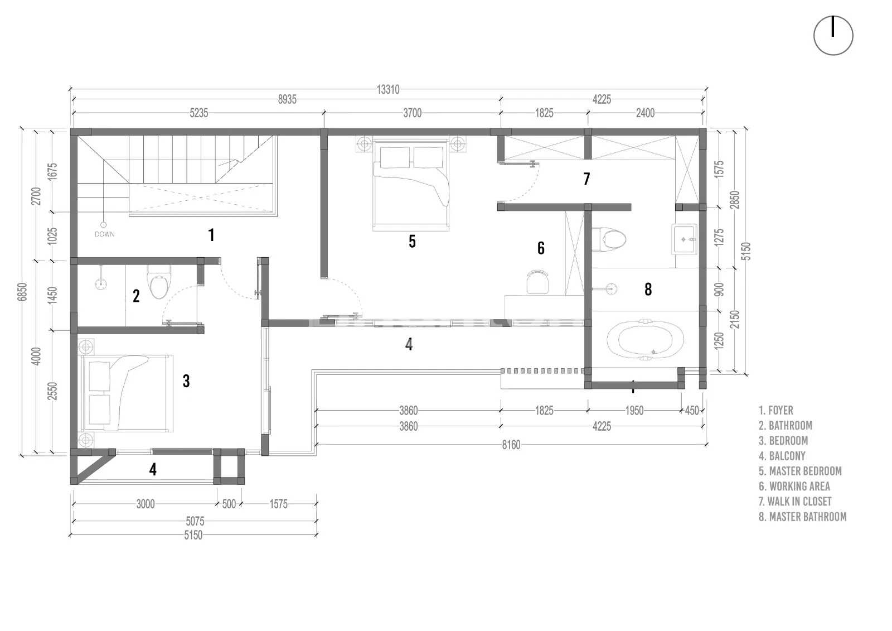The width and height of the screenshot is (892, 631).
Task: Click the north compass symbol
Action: click(833, 36)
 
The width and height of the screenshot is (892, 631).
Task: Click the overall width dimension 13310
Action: click(388, 89)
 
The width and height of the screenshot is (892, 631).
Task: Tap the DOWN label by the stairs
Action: click(105, 234)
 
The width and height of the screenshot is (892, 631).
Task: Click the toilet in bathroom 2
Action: click(159, 281)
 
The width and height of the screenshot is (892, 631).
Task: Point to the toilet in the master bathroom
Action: click(609, 239)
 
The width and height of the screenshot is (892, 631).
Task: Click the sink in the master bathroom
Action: click(685, 239)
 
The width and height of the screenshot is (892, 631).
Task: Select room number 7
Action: click(586, 179)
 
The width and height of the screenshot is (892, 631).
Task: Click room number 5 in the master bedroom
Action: click(412, 241)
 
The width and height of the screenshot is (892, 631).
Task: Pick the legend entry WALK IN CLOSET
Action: click(795, 501)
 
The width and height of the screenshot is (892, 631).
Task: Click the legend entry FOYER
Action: click(775, 410)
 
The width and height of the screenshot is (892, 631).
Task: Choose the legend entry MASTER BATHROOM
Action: click(802, 517)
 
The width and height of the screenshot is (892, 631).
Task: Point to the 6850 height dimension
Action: click(22, 292)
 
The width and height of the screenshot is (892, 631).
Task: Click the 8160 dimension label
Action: click(511, 445)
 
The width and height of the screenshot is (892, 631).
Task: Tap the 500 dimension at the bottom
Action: click(229, 504)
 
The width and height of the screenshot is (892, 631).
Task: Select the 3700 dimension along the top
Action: click(412, 113)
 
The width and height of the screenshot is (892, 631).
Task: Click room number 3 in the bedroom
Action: click(186, 381)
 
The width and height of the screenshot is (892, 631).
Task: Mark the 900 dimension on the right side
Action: click(719, 289)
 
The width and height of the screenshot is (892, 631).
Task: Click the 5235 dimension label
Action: click(198, 113)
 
